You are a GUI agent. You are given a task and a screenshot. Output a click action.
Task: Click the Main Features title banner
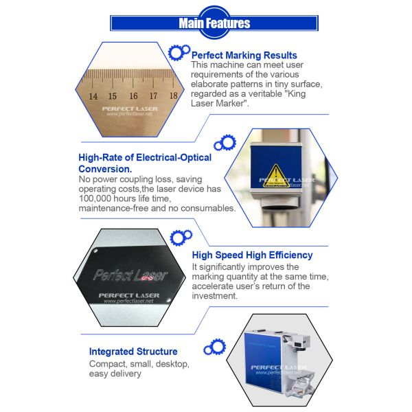click(x=214, y=23)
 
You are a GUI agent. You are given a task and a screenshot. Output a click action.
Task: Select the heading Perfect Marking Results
click(x=244, y=56)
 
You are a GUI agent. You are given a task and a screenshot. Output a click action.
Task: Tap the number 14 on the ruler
click(x=93, y=96)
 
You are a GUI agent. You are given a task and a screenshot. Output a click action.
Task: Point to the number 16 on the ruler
click(x=133, y=96)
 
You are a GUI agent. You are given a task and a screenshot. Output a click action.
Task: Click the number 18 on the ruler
click(x=174, y=95)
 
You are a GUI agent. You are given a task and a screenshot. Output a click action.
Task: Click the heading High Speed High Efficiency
click(x=252, y=255)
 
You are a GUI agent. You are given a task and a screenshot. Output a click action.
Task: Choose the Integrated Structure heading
click(x=133, y=352)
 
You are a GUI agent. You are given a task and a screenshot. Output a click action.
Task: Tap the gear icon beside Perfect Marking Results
click(x=179, y=52)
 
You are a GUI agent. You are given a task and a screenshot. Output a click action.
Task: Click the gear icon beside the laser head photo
click(x=225, y=143)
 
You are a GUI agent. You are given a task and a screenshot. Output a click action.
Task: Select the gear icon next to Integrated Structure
click(x=215, y=347)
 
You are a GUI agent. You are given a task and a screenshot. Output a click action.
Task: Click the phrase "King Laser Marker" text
click(x=249, y=98)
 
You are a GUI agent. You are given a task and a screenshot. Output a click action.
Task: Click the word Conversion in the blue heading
click(x=105, y=169)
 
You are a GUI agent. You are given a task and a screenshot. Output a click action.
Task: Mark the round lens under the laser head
click(x=280, y=207)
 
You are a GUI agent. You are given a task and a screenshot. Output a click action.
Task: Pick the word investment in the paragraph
click(x=214, y=296)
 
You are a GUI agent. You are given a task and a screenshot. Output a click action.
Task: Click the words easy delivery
click(x=115, y=374)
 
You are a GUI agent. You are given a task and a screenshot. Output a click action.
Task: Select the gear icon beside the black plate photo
click(x=181, y=238)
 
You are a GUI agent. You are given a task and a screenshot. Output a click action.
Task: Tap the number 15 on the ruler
click(x=113, y=96)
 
